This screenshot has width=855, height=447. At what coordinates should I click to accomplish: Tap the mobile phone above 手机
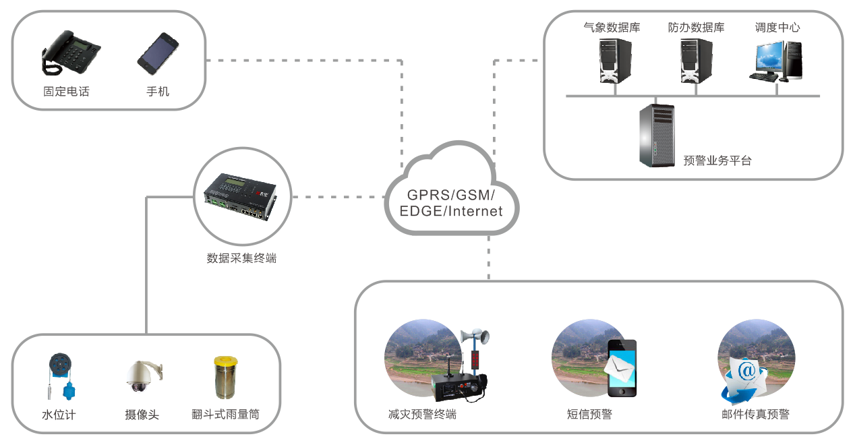(x=157, y=53)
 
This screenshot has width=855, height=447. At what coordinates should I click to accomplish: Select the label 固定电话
(x=66, y=91)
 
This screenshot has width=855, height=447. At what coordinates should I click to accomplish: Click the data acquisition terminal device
(x=241, y=196)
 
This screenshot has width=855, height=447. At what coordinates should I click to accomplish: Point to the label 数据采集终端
(x=241, y=258)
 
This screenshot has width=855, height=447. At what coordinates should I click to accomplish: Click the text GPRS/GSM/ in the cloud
(x=451, y=196)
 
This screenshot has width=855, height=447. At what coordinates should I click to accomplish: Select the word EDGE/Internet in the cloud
(x=451, y=211)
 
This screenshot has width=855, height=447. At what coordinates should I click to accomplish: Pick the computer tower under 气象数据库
(x=616, y=61)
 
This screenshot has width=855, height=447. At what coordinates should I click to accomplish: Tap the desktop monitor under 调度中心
(x=769, y=59)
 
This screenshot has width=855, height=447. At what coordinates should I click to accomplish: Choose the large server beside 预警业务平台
(x=657, y=136)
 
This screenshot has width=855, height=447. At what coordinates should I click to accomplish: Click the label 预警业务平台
(x=717, y=160)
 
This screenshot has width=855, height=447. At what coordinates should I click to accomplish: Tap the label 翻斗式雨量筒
(x=225, y=414)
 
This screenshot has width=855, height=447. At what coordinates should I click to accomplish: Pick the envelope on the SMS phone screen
(x=620, y=365)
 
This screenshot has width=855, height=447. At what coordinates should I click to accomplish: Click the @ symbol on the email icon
(x=746, y=371)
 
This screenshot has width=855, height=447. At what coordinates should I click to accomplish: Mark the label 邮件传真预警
(x=755, y=414)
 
